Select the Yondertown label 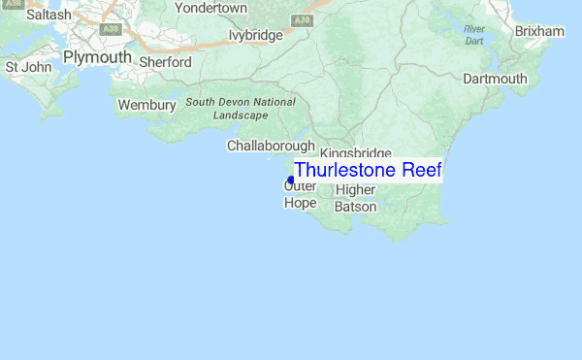pyautogui.click(x=211, y=8)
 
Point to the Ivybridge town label pyautogui.click(x=255, y=35)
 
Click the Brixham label pyautogui.click(x=539, y=32)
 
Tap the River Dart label pyautogui.click(x=473, y=35)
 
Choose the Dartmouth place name pyautogui.click(x=495, y=79)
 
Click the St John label pyautogui.click(x=28, y=67)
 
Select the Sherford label pyautogui.click(x=165, y=62)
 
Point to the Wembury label pyautogui.click(x=146, y=105)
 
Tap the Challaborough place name pyautogui.click(x=271, y=146)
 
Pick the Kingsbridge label pyautogui.click(x=355, y=153)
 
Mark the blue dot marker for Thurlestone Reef pyautogui.click(x=291, y=180)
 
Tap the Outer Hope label pyautogui.click(x=301, y=194)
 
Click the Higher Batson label pyautogui.click(x=355, y=198)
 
